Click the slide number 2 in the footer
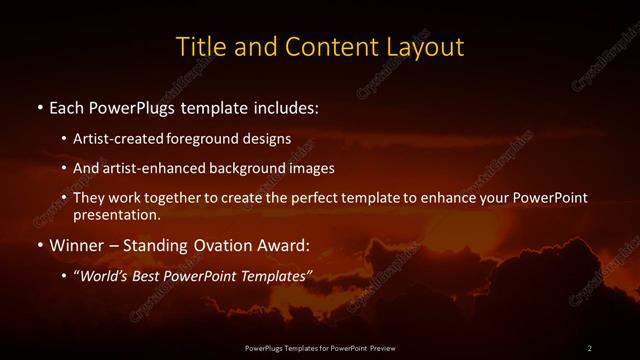point(589,348)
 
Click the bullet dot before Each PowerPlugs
point(38,105)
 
